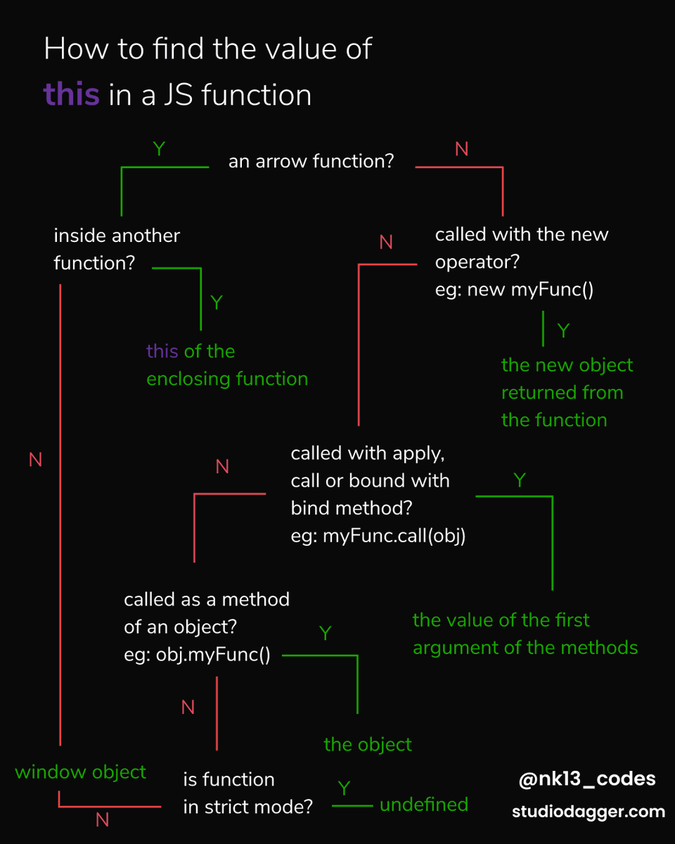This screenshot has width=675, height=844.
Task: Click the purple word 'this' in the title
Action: pyautogui.click(x=71, y=94)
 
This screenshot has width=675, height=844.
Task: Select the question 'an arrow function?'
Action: pyautogui.click(x=311, y=161)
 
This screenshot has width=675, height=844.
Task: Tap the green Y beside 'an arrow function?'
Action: pyautogui.click(x=159, y=149)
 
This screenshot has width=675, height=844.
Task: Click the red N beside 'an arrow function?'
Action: pyautogui.click(x=462, y=149)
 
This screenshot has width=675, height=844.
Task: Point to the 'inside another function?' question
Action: pyautogui.click(x=117, y=249)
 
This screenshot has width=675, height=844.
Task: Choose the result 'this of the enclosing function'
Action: pyautogui.click(x=226, y=365)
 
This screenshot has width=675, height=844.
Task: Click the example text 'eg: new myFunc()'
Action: pyautogui.click(x=514, y=289)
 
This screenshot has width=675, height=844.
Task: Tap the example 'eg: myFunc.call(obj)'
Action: pyautogui.click(x=378, y=536)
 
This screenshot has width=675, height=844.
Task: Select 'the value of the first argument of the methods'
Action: pyautogui.click(x=525, y=634)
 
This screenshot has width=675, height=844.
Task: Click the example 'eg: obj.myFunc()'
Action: pyautogui.click(x=197, y=656)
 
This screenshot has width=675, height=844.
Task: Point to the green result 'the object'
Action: pyautogui.click(x=368, y=744)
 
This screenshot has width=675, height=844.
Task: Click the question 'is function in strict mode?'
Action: pyautogui.click(x=247, y=793)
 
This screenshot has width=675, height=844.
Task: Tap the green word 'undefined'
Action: pyautogui.click(x=423, y=805)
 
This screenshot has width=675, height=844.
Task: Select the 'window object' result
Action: pyautogui.click(x=80, y=772)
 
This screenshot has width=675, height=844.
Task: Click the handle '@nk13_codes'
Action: pyautogui.click(x=586, y=779)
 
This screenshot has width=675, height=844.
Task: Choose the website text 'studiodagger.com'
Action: pyautogui.click(x=588, y=812)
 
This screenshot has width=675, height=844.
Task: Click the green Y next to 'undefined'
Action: pyautogui.click(x=344, y=788)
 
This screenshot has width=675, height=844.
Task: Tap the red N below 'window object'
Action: pyautogui.click(x=102, y=819)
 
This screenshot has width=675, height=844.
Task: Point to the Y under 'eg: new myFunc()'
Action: pyautogui.click(x=563, y=331)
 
